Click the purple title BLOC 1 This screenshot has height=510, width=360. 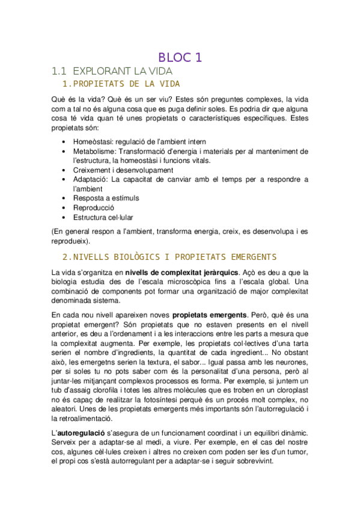pos(180,58)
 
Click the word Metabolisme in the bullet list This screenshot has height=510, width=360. pos(95,152)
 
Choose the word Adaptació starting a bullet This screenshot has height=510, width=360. pos(91,179)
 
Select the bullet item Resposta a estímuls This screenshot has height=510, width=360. pos(106,198)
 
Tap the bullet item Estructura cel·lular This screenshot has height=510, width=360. pos(103,217)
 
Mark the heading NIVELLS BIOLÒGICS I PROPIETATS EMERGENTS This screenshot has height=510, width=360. pos(169,257)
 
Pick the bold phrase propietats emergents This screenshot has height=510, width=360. pos(210,315)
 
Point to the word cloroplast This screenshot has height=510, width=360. pos(291,390)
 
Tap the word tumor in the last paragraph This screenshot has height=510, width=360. pos(294,452)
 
